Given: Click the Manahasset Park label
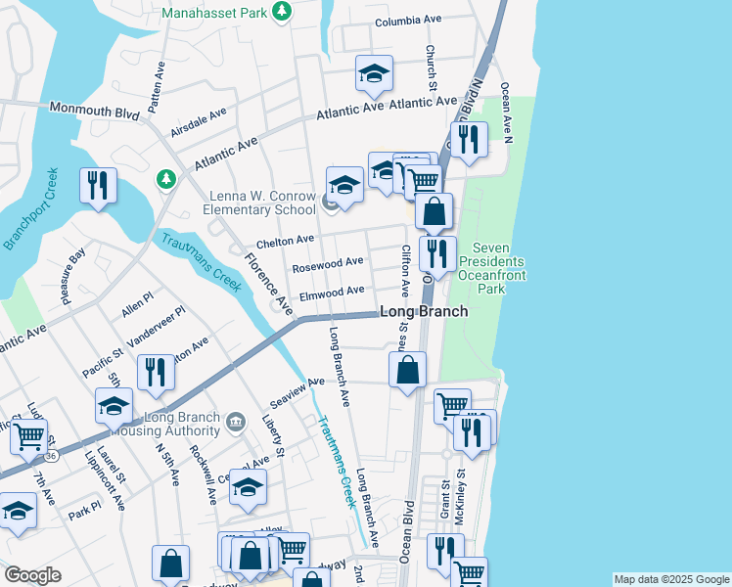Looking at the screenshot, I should click(x=213, y=12).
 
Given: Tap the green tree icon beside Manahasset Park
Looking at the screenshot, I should click(x=283, y=12).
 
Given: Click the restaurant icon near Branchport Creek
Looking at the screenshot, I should click(x=98, y=185).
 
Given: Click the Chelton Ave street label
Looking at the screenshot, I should click(x=285, y=240).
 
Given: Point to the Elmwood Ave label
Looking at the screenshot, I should click(x=333, y=291).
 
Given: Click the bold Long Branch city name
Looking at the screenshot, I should click(x=423, y=311).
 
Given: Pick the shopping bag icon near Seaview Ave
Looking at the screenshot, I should click(x=408, y=371).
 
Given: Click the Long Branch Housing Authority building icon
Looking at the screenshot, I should click(x=236, y=423).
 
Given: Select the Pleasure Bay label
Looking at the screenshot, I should click(x=74, y=277).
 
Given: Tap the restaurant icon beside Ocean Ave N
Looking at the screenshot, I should click(x=470, y=140).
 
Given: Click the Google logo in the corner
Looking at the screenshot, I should click(x=32, y=575).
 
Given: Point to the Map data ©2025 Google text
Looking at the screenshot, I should click(x=671, y=579).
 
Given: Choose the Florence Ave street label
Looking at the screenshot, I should click(x=267, y=284).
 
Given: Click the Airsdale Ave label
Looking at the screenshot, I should click(x=198, y=121).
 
